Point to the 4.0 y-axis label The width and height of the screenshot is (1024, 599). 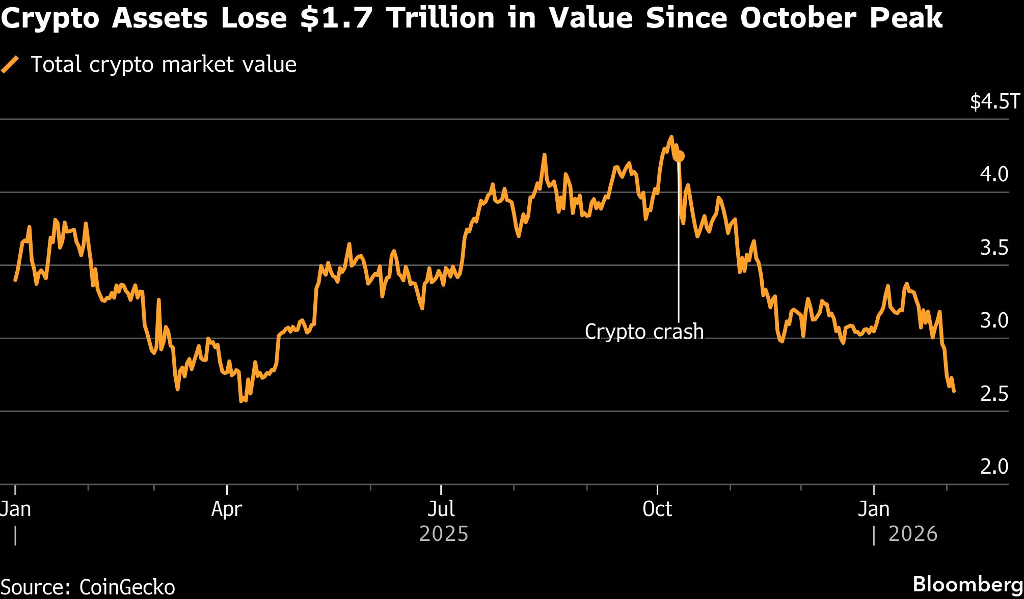(x=994, y=175)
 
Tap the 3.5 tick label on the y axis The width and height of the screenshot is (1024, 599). (x=994, y=248)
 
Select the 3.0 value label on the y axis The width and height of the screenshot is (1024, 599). (x=994, y=321)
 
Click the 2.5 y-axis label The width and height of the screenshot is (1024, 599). (x=994, y=394)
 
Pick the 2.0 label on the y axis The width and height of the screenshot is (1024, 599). (x=994, y=467)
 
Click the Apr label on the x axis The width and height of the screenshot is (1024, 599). (x=227, y=509)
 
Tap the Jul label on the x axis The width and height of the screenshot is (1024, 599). (x=441, y=509)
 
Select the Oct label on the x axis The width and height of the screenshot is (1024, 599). (x=657, y=509)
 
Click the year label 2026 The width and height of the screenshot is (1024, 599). (x=912, y=534)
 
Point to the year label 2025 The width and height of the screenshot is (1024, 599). (x=443, y=534)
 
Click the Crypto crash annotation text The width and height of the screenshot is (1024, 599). (x=644, y=332)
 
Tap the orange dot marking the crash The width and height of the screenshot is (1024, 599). (x=679, y=156)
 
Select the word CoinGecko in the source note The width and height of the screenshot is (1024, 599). (x=127, y=587)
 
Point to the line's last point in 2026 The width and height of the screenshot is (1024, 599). (x=953, y=391)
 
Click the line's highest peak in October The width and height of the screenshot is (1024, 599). (x=671, y=137)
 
